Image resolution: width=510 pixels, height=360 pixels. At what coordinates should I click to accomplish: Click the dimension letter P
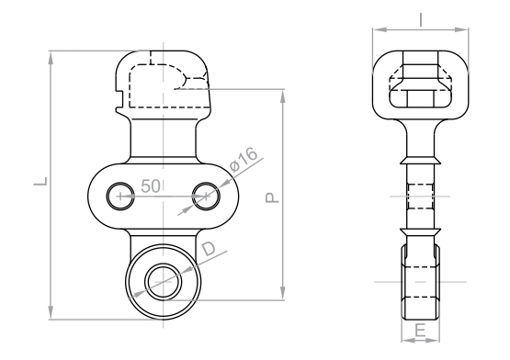coord(272,197)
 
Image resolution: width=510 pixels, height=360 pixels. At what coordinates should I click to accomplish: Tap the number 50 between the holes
coord(151,186)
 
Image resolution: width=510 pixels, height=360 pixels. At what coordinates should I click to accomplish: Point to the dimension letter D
coord(209,249)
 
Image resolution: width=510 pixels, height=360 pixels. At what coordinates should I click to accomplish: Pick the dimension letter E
coord(420,331)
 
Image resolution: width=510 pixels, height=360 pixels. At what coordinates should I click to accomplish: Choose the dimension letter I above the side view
coord(421,20)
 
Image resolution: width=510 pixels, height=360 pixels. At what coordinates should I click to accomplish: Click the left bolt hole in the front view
coord(120,197)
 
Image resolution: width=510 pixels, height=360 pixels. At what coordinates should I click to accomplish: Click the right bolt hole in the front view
coord(206,197)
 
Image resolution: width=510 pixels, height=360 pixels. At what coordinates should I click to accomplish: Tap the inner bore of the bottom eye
coord(163,281)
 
